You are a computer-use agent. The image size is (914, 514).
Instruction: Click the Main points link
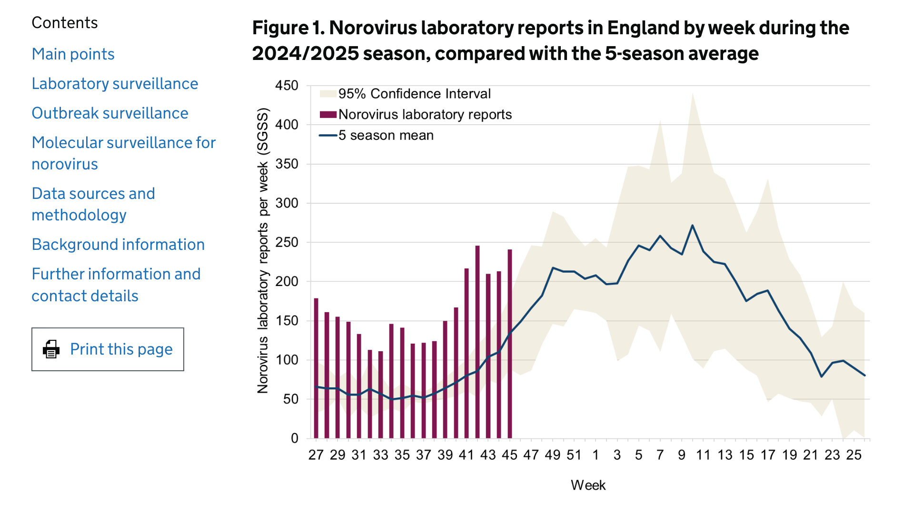click(73, 54)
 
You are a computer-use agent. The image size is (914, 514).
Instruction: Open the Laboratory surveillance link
click(115, 84)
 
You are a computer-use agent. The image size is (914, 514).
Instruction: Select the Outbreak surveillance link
click(110, 113)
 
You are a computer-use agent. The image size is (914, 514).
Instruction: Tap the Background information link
click(118, 245)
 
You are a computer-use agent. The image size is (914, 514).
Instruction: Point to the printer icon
click(51, 349)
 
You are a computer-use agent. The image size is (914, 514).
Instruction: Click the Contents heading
click(65, 23)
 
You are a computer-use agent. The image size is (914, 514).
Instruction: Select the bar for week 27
click(316, 368)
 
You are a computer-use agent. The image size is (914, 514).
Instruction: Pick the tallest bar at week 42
click(477, 342)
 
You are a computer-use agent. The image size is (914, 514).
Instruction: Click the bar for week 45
click(510, 344)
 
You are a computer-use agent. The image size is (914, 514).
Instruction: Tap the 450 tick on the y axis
click(287, 86)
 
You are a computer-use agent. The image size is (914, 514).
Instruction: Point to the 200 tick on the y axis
click(287, 282)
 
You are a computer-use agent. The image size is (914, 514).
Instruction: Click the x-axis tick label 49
click(553, 455)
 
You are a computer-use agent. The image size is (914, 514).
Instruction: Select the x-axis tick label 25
click(854, 455)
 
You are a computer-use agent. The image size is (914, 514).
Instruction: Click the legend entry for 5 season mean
click(386, 136)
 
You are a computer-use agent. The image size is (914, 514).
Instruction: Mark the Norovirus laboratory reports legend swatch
click(328, 115)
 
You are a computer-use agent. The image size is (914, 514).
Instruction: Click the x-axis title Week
click(588, 485)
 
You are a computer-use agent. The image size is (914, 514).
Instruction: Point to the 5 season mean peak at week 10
click(692, 226)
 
